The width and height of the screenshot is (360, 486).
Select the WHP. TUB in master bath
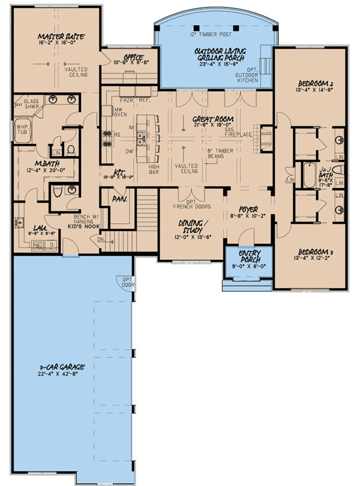pyautogui.click(x=22, y=130)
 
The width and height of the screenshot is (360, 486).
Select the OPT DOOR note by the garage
pyautogui.click(x=128, y=282)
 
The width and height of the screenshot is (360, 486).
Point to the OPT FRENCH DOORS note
pyautogui.click(x=187, y=205)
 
